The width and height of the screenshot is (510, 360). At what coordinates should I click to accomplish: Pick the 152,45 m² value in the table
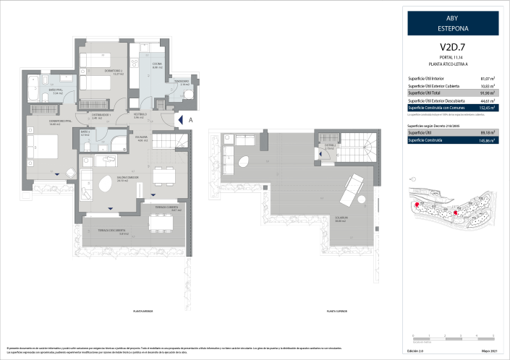coord(487,108)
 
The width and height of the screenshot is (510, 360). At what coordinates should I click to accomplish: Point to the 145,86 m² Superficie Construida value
coord(487,140)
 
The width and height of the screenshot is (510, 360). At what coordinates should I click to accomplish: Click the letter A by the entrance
coord(190,120)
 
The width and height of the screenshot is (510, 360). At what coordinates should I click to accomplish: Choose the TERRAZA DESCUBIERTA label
coord(113,231)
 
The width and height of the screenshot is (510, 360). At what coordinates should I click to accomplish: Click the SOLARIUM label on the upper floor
coord(340,218)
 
